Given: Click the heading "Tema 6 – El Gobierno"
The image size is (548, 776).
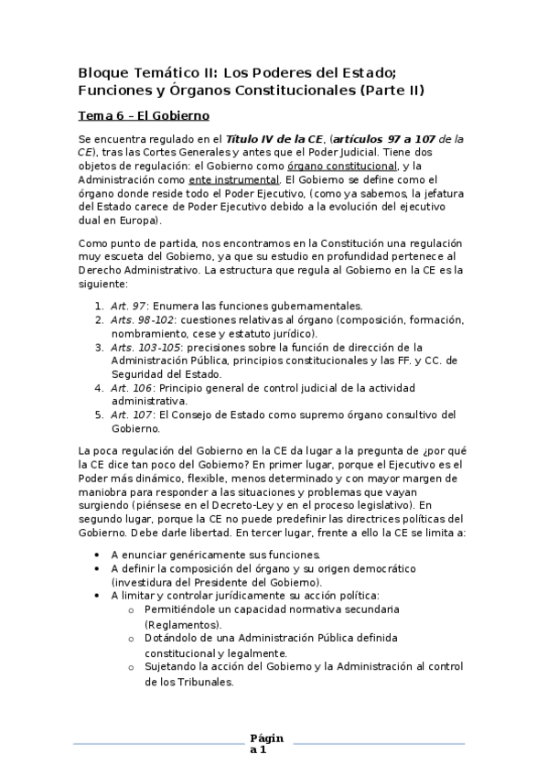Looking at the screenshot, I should [145, 116].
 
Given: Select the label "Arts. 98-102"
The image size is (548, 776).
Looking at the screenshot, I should [137, 319].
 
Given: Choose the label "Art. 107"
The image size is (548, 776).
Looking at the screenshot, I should [128, 415].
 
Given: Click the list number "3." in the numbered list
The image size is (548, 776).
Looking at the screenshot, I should [100, 347].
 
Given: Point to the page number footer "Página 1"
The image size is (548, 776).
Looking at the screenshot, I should [267, 743].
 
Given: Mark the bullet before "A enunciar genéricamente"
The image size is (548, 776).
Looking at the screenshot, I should [98, 555].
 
